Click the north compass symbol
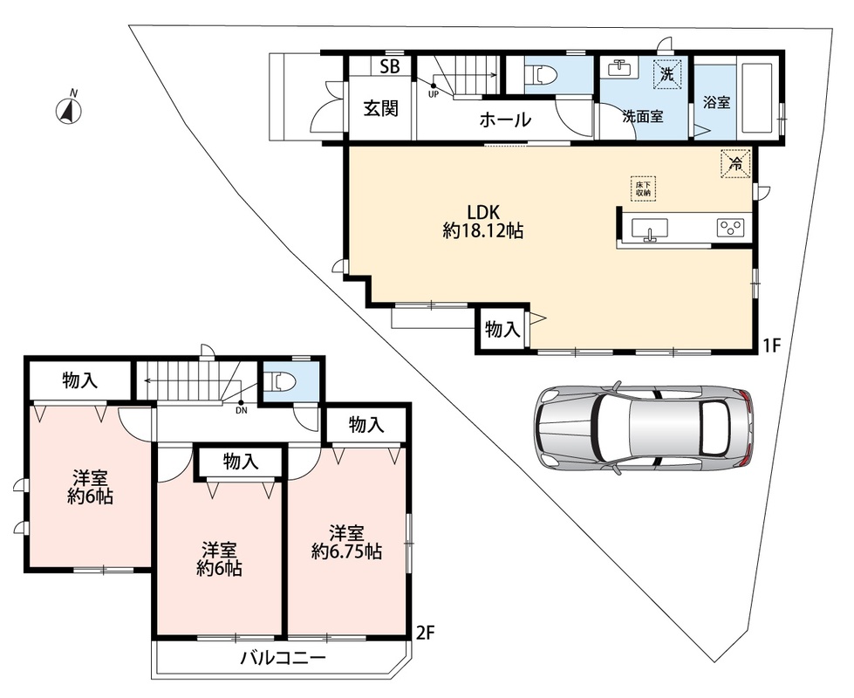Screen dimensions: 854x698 tap(69, 111)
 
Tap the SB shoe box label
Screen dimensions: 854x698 tap(389, 66)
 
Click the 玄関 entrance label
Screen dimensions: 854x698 tap(381, 108)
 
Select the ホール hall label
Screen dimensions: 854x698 tap(505, 120)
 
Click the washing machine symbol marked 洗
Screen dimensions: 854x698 tap(667, 72)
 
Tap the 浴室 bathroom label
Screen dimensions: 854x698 tap(717, 102)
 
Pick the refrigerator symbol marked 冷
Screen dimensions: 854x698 tap(736, 163)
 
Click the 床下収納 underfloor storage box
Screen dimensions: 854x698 tap(643, 188)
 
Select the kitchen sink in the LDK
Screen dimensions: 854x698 tap(649, 229)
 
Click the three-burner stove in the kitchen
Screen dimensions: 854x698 tap(730, 227)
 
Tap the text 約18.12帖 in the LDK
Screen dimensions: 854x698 tap(483, 231)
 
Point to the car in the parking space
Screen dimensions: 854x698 tap(644, 428)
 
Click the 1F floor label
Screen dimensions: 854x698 tap(772, 345)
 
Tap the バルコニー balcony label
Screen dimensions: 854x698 tap(284, 658)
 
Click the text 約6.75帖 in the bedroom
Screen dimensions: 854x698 tap(346, 552)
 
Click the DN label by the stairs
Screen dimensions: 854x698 tap(242, 411)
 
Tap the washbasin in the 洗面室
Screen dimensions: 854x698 tap(618, 68)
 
